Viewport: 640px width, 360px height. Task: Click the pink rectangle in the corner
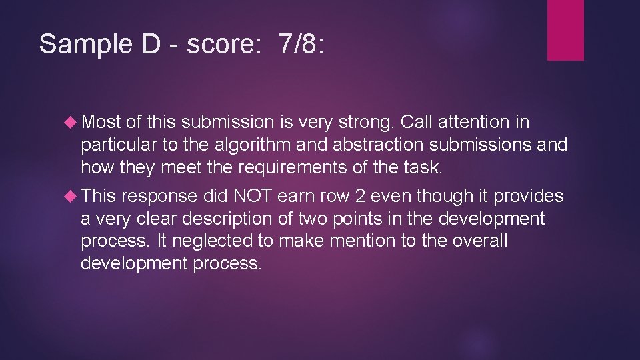point(565,29)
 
